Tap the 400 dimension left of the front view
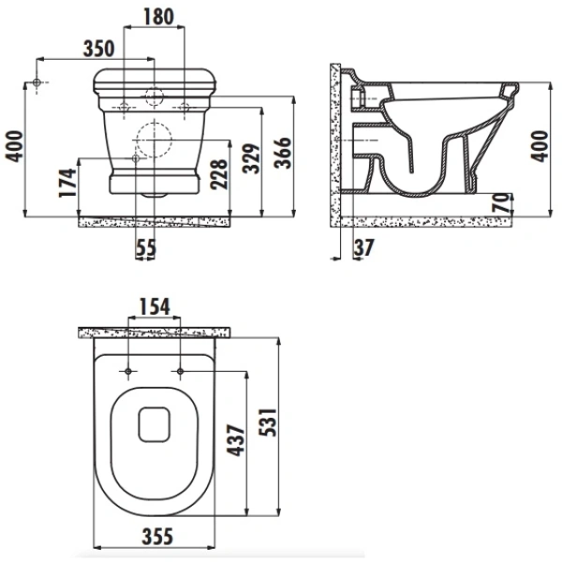[x=13, y=147]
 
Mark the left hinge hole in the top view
[x=126, y=373]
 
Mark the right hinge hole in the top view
[x=178, y=373]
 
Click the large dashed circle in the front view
[x=153, y=141]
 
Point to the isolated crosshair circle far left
[x=37, y=84]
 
